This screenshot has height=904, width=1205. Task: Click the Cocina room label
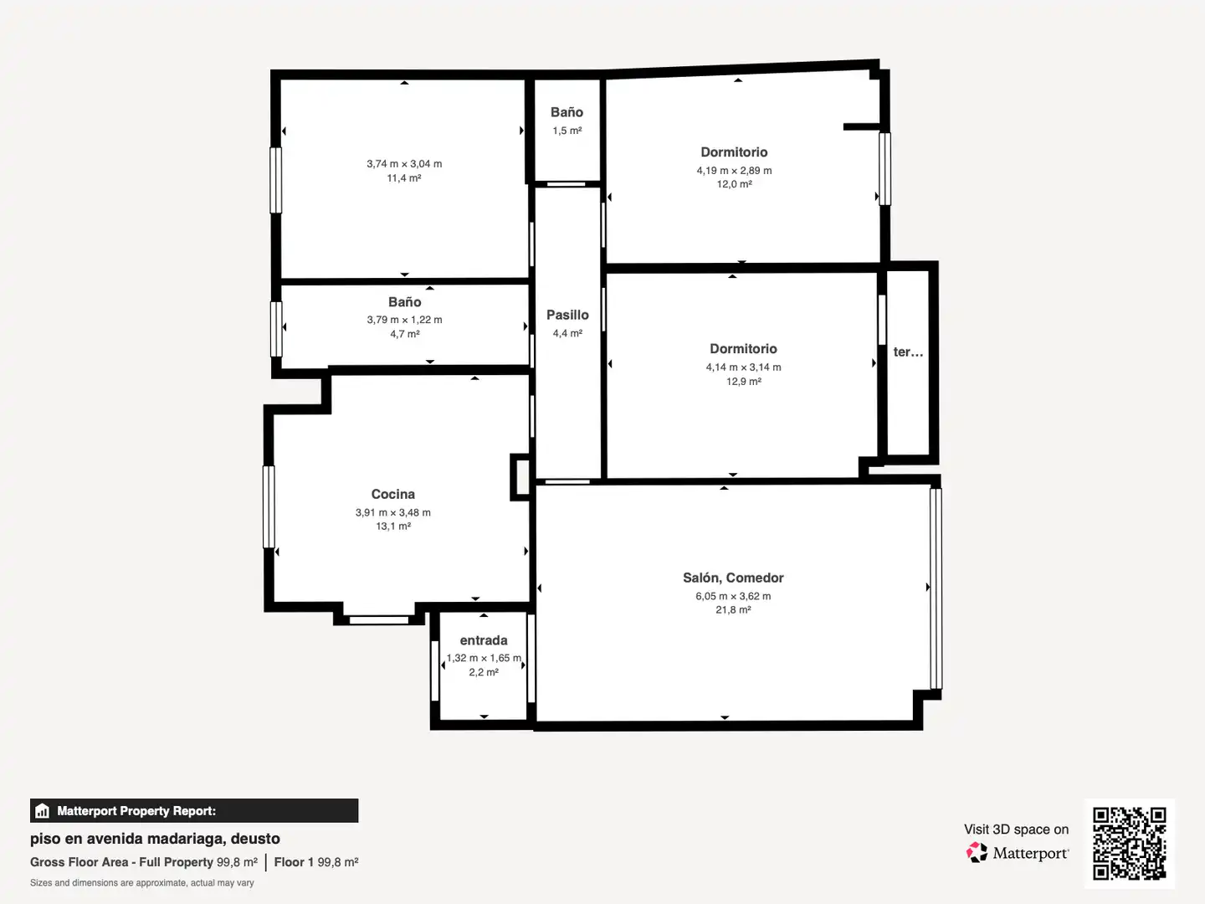click(393, 494)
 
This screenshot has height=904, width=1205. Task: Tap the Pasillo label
click(567, 315)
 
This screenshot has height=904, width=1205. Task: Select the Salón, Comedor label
click(733, 578)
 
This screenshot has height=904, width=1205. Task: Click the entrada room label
click(483, 640)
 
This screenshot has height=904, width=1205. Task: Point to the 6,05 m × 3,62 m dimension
click(733, 596)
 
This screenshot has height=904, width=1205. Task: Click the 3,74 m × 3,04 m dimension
click(404, 163)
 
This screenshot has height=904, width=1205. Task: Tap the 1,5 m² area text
click(567, 131)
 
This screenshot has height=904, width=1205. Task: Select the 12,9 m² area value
click(743, 382)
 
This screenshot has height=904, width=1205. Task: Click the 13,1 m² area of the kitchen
click(393, 526)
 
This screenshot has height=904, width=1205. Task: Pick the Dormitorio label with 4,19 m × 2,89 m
click(734, 152)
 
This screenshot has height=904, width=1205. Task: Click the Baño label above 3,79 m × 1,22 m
click(404, 302)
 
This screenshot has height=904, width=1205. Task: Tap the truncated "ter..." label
click(908, 352)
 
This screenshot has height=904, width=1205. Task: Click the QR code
click(1129, 843)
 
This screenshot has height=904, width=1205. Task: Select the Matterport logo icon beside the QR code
click(977, 852)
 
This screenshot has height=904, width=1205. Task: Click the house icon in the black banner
click(43, 811)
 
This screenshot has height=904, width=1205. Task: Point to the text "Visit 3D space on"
click(1016, 830)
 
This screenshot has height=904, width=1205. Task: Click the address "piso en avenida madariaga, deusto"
click(155, 839)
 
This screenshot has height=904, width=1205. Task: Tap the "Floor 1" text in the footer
click(294, 862)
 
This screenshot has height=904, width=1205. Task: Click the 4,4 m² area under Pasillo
click(567, 333)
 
